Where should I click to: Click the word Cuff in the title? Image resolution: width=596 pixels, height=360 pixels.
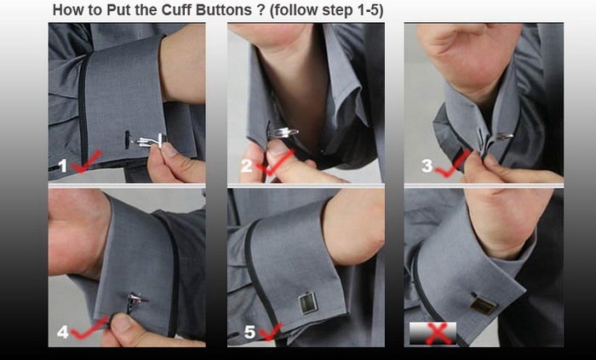(177, 10)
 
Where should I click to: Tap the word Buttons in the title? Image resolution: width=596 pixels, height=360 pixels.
(223, 10)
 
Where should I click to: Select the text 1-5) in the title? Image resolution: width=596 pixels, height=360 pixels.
(370, 10)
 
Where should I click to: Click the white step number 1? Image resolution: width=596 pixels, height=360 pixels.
(63, 166)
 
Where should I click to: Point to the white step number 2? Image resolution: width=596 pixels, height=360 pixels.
(246, 166)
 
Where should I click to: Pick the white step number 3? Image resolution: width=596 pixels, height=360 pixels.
(427, 166)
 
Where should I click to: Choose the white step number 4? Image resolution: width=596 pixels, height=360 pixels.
(63, 332)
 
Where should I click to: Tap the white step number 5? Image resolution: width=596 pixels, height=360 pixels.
(249, 332)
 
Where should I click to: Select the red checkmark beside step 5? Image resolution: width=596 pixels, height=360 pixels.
(271, 332)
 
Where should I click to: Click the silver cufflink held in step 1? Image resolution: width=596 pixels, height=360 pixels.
(150, 141)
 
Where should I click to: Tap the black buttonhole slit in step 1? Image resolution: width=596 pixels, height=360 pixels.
(128, 140)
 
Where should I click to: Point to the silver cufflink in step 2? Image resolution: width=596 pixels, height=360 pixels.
(283, 133)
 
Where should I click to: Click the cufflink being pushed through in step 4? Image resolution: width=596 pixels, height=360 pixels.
(135, 302)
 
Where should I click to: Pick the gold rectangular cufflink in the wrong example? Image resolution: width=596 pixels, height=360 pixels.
(483, 305)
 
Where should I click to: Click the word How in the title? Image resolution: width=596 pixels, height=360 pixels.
(65, 10)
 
